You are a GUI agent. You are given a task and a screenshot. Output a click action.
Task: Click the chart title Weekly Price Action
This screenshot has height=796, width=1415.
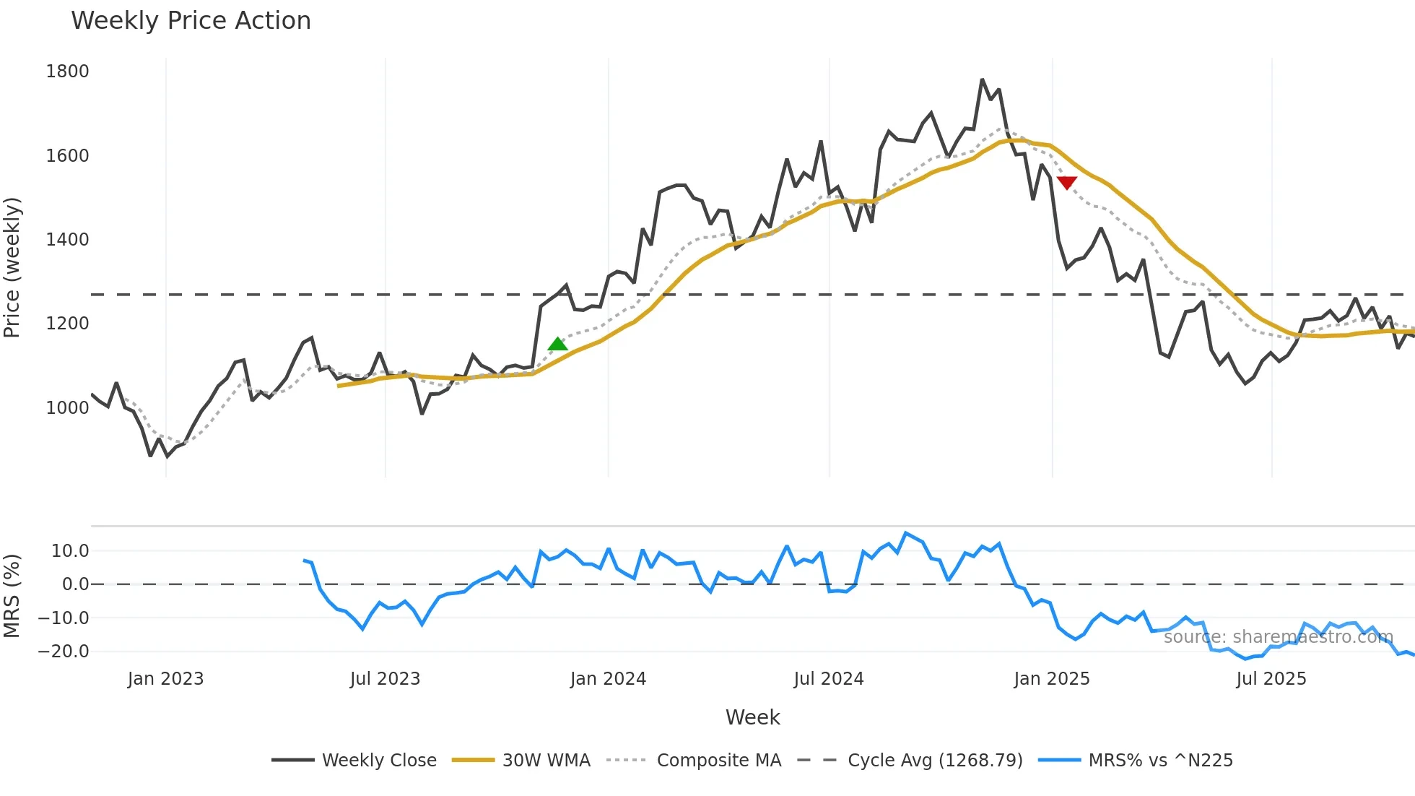click(191, 21)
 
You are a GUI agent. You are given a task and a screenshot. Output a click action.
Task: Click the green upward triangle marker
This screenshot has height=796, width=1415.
click(557, 345)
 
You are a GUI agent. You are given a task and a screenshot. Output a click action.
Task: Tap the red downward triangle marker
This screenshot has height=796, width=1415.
click(1066, 182)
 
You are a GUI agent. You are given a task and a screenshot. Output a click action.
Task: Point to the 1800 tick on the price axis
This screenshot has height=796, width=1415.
click(67, 72)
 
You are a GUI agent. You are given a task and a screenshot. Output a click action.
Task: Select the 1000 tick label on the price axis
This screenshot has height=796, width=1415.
click(67, 408)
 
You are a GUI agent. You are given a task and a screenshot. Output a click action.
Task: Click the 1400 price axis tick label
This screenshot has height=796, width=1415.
click(67, 240)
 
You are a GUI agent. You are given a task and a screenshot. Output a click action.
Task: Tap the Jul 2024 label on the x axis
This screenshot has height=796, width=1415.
click(828, 679)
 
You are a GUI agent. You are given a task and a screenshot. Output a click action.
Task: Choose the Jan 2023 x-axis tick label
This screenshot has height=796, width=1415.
click(165, 679)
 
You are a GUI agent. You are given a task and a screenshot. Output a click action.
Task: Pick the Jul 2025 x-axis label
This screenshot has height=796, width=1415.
click(1271, 679)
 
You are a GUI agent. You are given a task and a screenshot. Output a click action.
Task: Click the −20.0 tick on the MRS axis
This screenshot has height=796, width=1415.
click(64, 652)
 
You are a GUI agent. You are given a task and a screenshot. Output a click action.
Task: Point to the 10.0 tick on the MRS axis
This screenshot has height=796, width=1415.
click(70, 551)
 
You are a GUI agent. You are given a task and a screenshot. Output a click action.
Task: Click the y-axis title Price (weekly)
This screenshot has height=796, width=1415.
click(12, 267)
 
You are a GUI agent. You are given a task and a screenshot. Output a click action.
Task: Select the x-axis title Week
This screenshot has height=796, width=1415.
click(752, 717)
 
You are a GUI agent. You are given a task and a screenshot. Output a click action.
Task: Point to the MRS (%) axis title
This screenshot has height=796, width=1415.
click(12, 596)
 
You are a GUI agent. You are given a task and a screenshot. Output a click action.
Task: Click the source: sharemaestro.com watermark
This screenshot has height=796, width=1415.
click(1278, 637)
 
